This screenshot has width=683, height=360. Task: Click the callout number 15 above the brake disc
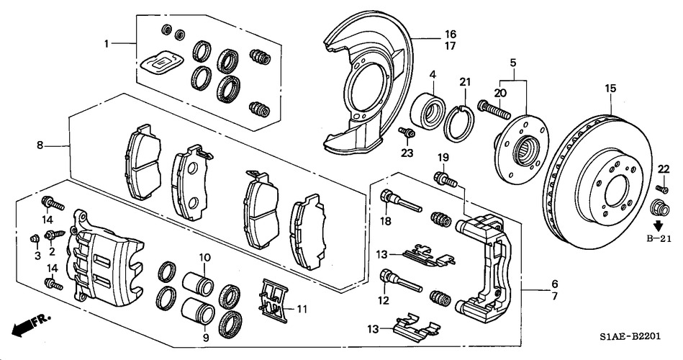(x=610, y=89)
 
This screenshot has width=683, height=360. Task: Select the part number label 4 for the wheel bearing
(x=433, y=74)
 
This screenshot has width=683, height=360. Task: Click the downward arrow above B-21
(x=658, y=226)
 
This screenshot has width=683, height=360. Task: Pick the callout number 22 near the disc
(x=663, y=169)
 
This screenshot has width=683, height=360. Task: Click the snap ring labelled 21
(x=459, y=121)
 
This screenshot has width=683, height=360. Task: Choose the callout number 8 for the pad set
(x=40, y=146)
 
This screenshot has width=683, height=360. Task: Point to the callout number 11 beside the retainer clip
(x=302, y=310)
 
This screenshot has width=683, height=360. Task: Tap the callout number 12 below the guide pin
(x=384, y=300)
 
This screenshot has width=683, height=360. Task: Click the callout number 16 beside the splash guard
(x=451, y=34)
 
